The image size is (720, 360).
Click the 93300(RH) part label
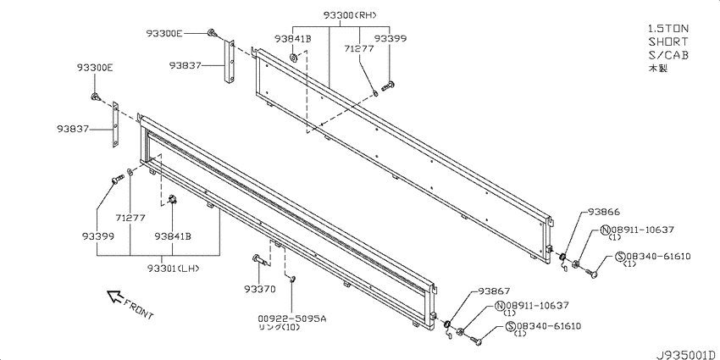click(350, 15)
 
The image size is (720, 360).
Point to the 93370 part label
click(260, 289)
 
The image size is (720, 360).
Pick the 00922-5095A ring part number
click(292, 318)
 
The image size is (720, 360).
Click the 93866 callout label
click(604, 212)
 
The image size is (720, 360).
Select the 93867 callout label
click(494, 291)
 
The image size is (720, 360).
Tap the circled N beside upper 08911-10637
click(605, 230)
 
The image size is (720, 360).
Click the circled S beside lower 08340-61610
click(510, 326)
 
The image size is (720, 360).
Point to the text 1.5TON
click(668, 29)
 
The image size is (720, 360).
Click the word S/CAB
click(668, 55)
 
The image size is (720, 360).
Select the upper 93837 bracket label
click(185, 66)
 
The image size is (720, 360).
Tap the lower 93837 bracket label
click(74, 129)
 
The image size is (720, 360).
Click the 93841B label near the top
click(293, 39)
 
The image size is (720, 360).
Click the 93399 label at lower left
click(98, 236)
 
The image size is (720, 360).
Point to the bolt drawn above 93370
click(259, 260)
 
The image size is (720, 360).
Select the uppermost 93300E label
click(164, 33)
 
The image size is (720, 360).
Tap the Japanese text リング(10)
click(278, 327)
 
